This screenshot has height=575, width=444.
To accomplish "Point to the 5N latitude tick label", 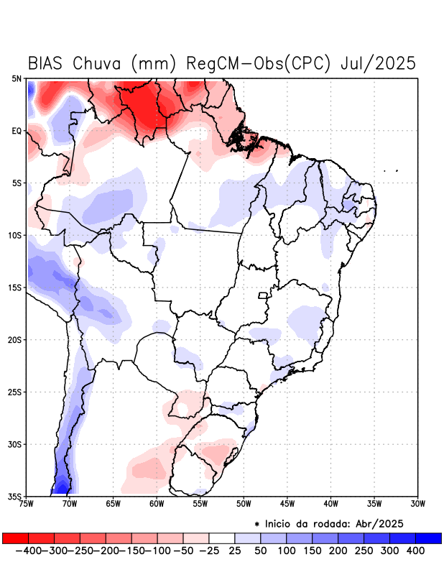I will [x=17, y=78].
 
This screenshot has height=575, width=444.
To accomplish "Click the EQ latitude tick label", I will [x=17, y=131].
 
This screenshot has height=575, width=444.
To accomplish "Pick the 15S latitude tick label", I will [x=15, y=287].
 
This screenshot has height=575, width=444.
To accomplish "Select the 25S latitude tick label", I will [x=15, y=392].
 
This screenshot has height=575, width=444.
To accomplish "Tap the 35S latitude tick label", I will [x=15, y=496].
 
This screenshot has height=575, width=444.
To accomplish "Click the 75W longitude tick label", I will [x=27, y=503].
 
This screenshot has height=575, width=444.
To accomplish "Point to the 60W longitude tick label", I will [x=156, y=503].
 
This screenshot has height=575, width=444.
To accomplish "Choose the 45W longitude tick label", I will [x=287, y=503].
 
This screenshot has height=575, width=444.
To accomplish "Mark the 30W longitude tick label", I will [x=418, y=503].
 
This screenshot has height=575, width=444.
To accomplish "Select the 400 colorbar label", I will [x=415, y=551].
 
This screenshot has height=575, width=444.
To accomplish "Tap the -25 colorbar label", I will [x=209, y=551].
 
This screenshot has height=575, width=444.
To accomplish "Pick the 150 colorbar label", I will [x=313, y=551].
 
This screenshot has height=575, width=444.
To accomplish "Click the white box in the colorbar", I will [x=222, y=538].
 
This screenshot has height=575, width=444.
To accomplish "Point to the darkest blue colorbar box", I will [x=428, y=538].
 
